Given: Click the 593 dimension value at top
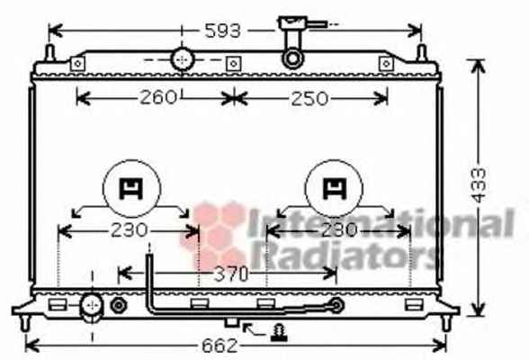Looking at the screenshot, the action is pos(223,31).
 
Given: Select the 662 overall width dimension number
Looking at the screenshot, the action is pos(220,346).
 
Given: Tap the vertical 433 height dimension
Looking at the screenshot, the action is pos(479,184).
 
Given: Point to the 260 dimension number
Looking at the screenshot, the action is pos(158,97).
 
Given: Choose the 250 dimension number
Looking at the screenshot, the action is pos(309,99).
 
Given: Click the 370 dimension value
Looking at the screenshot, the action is pos(231,274).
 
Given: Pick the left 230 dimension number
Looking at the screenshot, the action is pos(130,230).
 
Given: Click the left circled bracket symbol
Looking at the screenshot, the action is pos(131,189).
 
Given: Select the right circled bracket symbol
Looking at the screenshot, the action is pos(334,189).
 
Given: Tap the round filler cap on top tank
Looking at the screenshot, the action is pos(183,59).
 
